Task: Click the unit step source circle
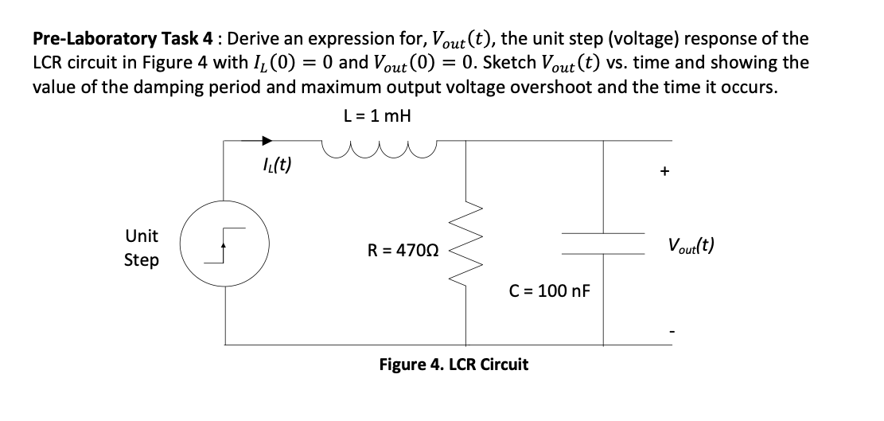224,248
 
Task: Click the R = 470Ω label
403,251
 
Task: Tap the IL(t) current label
276,166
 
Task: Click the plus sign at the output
664,170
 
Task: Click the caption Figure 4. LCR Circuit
454,364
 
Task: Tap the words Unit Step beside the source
142,248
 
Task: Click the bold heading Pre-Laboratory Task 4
124,39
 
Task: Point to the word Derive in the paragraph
253,39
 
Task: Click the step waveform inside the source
225,248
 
